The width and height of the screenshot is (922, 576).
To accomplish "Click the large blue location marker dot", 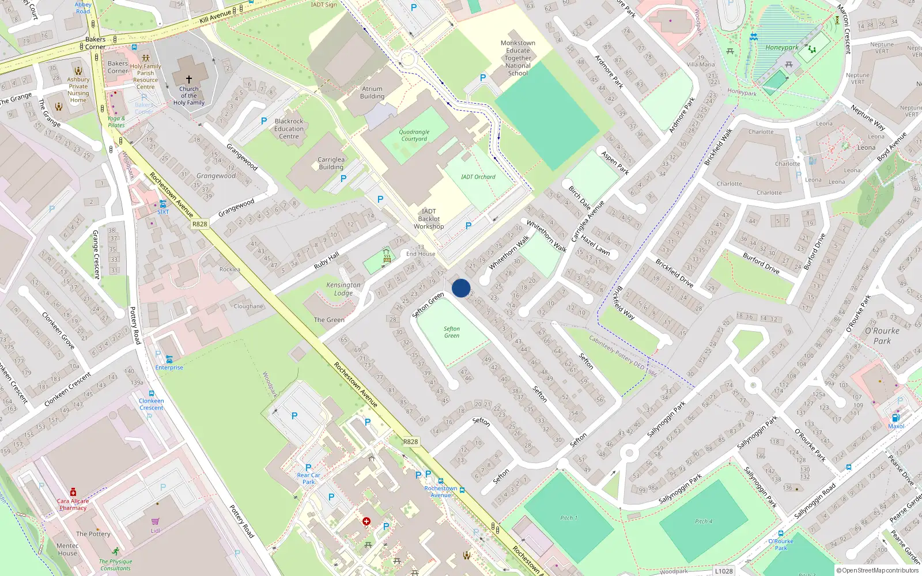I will (x=461, y=288).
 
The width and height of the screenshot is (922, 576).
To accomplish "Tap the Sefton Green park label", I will (x=452, y=332).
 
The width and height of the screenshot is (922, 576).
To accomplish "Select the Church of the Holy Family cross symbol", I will (x=188, y=79).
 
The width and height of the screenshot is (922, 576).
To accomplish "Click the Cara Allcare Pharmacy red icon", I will (x=73, y=492).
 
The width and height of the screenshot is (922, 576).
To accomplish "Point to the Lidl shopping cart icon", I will (x=155, y=521).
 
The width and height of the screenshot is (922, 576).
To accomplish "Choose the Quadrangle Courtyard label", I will (x=414, y=135).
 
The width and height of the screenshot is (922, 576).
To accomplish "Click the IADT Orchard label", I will (x=478, y=177).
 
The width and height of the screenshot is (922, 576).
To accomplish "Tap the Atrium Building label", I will (x=372, y=93).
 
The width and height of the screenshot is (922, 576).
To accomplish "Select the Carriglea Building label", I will (x=331, y=164).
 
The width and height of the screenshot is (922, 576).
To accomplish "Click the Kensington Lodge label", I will (x=343, y=289).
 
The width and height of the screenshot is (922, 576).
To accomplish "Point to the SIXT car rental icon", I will (x=163, y=204).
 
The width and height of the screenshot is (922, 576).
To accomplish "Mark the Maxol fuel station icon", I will (x=896, y=418).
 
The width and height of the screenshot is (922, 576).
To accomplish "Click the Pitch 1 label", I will (x=568, y=518).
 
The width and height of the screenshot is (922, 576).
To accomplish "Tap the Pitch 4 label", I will (x=703, y=521).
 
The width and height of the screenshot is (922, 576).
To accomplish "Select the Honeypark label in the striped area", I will (x=782, y=48).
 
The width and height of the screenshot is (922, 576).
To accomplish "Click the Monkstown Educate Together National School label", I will (x=518, y=58).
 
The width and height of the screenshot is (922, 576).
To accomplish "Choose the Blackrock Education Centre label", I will (x=289, y=129).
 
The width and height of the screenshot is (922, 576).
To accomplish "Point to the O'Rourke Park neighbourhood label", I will (x=882, y=336).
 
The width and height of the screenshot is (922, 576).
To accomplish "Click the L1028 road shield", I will (x=724, y=571).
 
